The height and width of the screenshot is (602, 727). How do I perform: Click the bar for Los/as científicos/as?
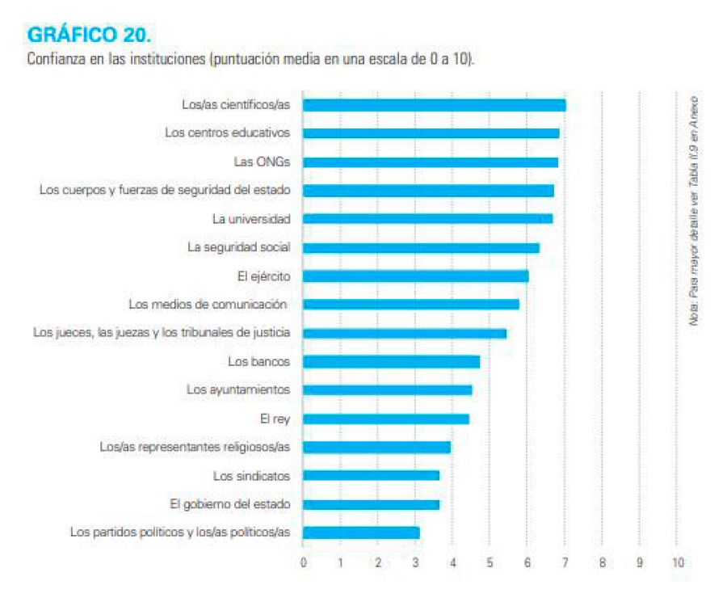click(434, 105)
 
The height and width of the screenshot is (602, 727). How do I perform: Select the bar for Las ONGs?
click(430, 162)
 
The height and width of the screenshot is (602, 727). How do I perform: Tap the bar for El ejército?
click(415, 276)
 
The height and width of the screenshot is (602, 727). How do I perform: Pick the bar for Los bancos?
click(391, 361)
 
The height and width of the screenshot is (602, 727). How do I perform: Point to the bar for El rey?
click(385, 419)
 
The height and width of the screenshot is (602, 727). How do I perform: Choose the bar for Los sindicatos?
click(371, 475)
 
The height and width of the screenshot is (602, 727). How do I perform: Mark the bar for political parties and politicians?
click(361, 533)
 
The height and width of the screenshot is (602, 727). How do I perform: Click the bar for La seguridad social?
click(421, 247)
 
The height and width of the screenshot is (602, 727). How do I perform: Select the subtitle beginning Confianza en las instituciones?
click(250, 60)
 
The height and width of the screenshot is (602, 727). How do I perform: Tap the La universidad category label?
click(251, 219)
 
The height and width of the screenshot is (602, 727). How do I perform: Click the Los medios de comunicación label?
click(208, 305)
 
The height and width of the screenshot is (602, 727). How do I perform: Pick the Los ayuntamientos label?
click(238, 389)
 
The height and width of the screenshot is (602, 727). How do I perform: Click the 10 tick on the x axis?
click(677, 562)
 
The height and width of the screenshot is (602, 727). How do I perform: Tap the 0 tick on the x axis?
click(303, 562)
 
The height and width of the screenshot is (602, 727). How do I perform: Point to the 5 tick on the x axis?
click(490, 562)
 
